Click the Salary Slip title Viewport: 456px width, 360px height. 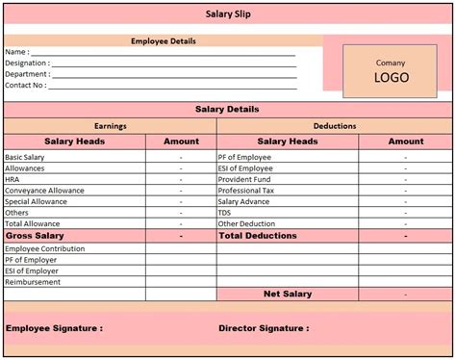click(x=227, y=13)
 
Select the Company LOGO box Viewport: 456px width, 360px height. click(x=391, y=71)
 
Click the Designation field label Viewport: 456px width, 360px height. click(x=26, y=63)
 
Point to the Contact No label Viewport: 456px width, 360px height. click(x=24, y=85)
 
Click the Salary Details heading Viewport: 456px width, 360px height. click(x=227, y=110)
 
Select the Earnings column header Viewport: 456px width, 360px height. click(x=111, y=126)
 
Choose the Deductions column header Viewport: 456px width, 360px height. click(x=335, y=126)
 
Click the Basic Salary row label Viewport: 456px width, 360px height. click(x=25, y=156)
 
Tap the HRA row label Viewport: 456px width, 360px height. click(x=13, y=178)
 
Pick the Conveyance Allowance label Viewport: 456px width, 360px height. click(x=43, y=190)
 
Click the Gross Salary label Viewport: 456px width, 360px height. click(x=35, y=236)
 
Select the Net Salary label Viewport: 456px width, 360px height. click(x=288, y=294)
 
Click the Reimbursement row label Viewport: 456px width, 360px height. click(x=33, y=282)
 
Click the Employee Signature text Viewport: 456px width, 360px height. click(x=54, y=328)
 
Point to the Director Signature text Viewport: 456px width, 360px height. click(x=264, y=328)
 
